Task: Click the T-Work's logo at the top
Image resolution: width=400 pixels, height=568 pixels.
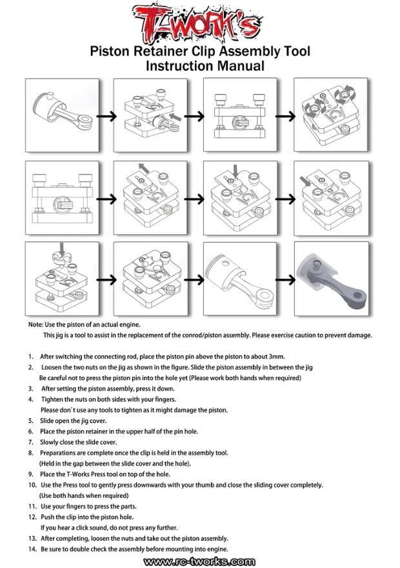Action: pos(200,21)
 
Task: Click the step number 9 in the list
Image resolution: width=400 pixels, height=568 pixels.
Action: pos(31,474)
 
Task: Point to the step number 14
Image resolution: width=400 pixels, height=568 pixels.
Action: pos(32,549)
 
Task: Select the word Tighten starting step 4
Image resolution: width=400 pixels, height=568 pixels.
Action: pos(54,399)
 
